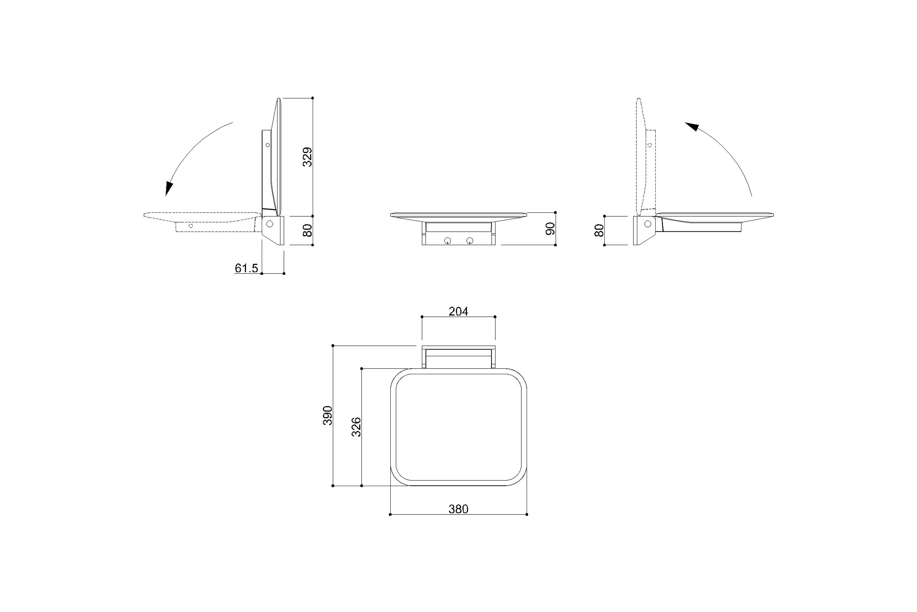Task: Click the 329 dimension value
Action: coord(308,157)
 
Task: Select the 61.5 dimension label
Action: coord(246,268)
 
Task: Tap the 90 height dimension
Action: coord(550,229)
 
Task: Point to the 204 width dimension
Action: coord(458,312)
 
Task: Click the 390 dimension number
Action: coord(327,415)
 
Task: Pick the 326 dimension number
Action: coord(356,427)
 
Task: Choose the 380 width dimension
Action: coord(458,509)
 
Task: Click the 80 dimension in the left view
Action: coord(308,230)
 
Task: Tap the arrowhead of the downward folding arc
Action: coord(168,189)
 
